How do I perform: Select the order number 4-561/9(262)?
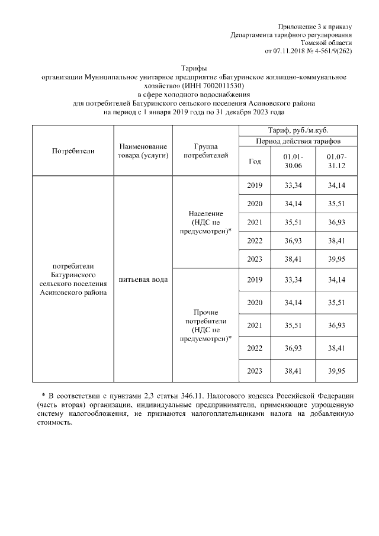(x=332, y=51)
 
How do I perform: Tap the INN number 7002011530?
(x=223, y=86)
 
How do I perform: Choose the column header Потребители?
(x=73, y=150)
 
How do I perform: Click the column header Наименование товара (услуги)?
(x=143, y=150)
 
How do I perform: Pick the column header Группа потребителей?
(x=205, y=150)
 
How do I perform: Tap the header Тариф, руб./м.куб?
(x=298, y=130)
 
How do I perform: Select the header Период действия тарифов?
(x=298, y=141)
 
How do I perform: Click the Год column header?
(x=255, y=161)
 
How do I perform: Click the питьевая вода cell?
(x=143, y=279)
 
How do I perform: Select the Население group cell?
(x=205, y=222)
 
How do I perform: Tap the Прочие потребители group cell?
(x=205, y=325)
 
